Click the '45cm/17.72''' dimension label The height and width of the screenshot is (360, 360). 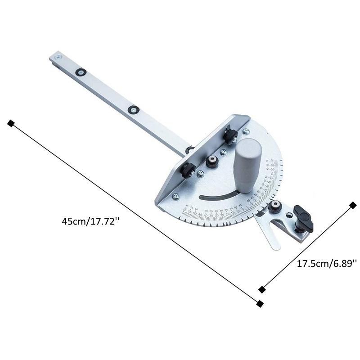point(92,221)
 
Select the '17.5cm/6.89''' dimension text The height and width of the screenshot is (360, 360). point(327,264)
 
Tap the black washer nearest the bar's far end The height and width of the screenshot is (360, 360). point(81,72)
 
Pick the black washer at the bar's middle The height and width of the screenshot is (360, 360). point(133,109)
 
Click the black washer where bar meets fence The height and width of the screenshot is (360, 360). point(190,150)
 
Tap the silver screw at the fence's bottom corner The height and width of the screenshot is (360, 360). point(175,196)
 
